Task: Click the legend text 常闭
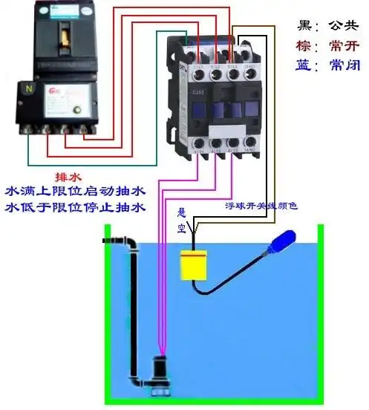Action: (x=344, y=65)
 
